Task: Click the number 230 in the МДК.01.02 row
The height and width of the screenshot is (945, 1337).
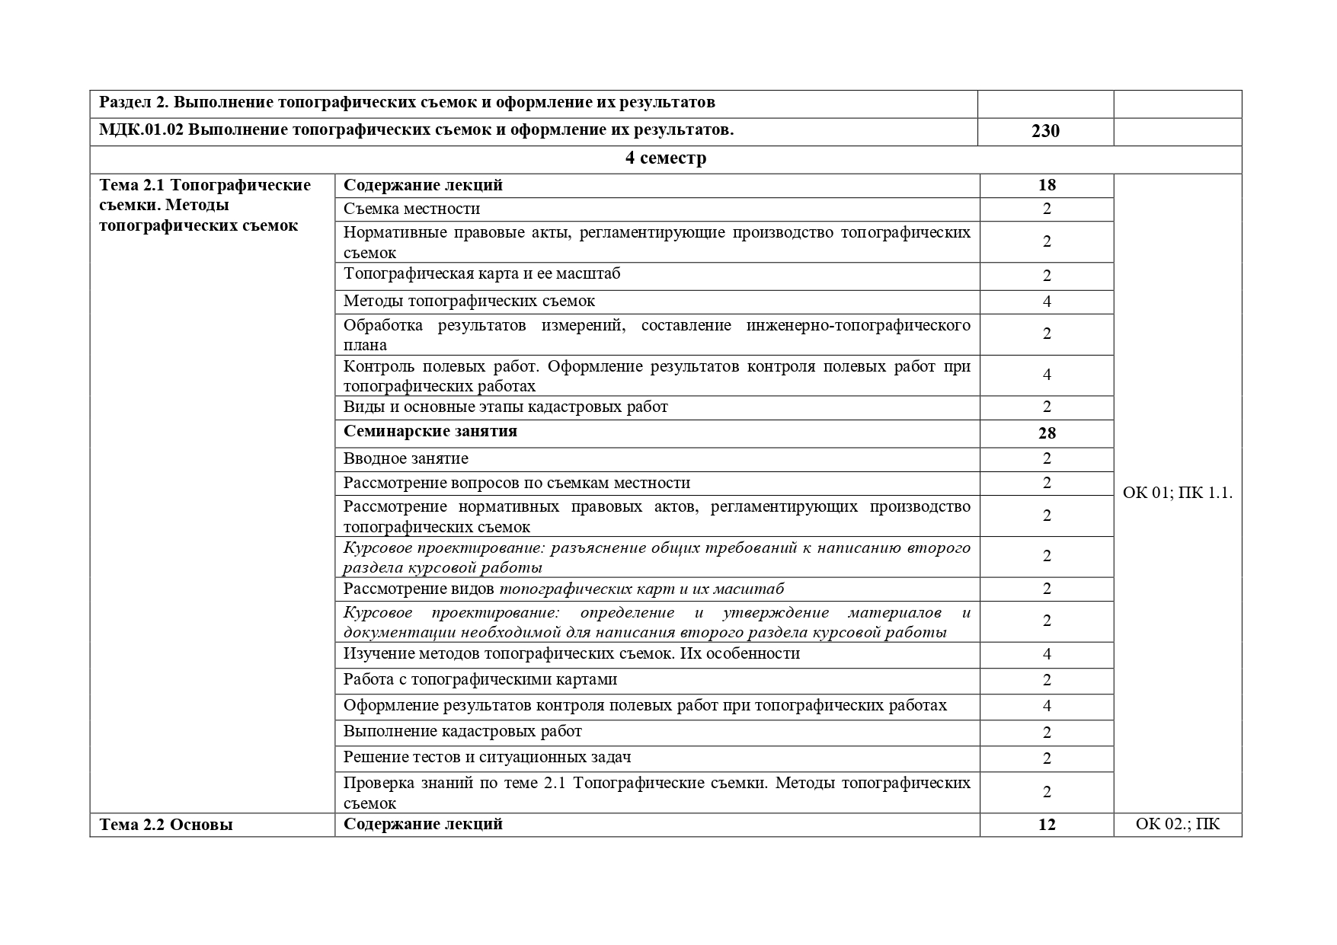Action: pyautogui.click(x=1045, y=131)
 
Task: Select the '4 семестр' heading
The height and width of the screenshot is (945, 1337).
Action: pyautogui.click(x=665, y=158)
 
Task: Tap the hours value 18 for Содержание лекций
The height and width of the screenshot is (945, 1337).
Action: pyautogui.click(x=1046, y=185)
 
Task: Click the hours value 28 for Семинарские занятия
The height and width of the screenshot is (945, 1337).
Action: pyautogui.click(x=1046, y=433)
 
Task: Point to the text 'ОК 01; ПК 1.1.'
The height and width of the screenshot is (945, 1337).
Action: pyautogui.click(x=1177, y=493)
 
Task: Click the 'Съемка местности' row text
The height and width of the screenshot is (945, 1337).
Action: pyautogui.click(x=411, y=209)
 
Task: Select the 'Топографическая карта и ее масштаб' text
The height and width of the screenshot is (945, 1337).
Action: pyautogui.click(x=481, y=273)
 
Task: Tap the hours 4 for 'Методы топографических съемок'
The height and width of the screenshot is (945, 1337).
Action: pyautogui.click(x=1046, y=302)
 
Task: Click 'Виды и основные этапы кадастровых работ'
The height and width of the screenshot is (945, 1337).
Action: pyautogui.click(x=505, y=407)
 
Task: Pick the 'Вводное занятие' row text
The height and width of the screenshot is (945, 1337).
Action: pyautogui.click(x=405, y=458)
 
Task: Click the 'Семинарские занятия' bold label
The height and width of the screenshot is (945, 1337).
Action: pyautogui.click(x=430, y=431)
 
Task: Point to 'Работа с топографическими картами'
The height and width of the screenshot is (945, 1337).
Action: pyautogui.click(x=480, y=679)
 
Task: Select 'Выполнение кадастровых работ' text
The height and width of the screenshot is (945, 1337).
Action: pyautogui.click(x=462, y=731)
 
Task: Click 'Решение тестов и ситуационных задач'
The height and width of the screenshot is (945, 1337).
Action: pyautogui.click(x=487, y=757)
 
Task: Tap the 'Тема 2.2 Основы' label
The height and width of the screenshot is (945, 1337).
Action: pyautogui.click(x=166, y=824)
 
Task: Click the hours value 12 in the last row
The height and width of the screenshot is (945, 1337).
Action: pyautogui.click(x=1046, y=824)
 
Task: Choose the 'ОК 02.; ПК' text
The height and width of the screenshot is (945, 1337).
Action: pyautogui.click(x=1177, y=824)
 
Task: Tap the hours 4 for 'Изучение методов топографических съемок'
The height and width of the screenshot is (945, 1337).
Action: pyautogui.click(x=1046, y=654)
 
